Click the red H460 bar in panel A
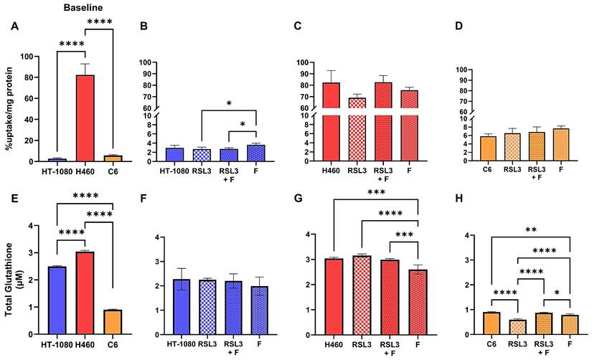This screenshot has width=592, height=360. tap(85, 118)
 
